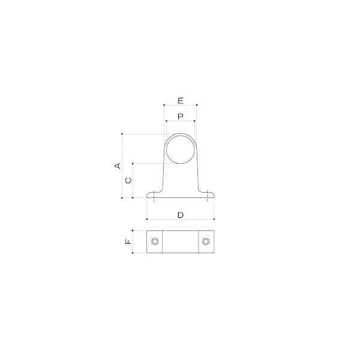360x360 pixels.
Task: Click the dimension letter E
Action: click(181, 101)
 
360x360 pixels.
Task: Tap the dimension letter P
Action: click(181, 116)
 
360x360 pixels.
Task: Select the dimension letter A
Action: click(118, 166)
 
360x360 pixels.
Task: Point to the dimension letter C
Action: click(128, 181)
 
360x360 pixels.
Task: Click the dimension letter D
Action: click(181, 215)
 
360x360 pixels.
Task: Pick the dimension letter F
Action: click(128, 241)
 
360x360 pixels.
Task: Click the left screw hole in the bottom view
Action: click(155, 242)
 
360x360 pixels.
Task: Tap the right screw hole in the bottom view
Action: click(206, 242)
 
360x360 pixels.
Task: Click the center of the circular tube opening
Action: click(181, 149)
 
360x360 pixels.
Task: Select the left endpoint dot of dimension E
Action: click(164, 105)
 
